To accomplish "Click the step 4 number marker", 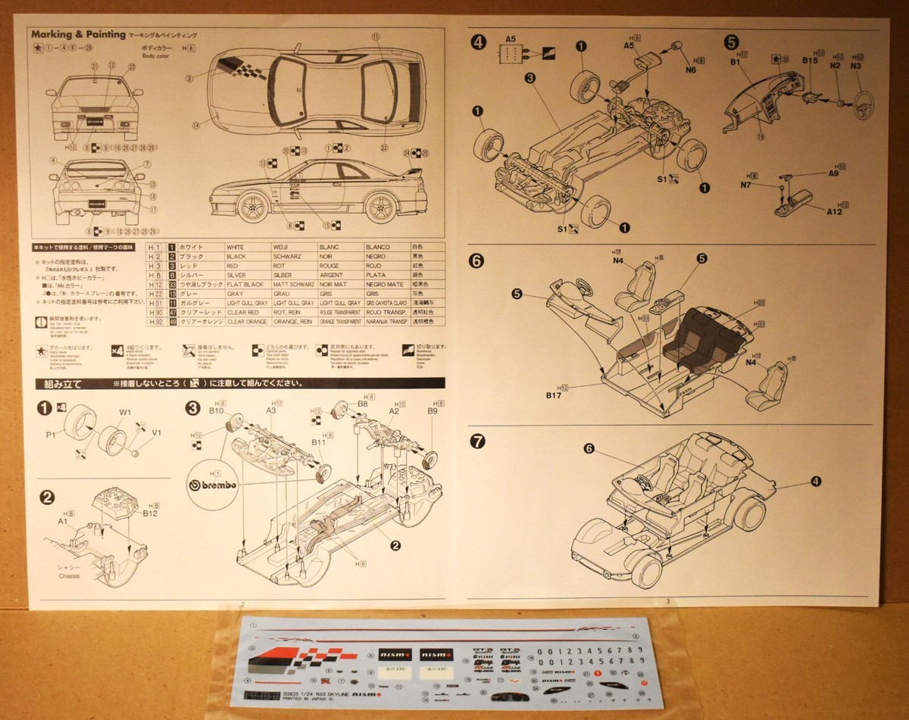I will click(x=478, y=42).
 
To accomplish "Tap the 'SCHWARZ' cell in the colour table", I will click(x=292, y=257).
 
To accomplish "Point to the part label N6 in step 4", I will click(x=690, y=70).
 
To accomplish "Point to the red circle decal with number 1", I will click(x=598, y=673).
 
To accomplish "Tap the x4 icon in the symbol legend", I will click(x=117, y=350).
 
